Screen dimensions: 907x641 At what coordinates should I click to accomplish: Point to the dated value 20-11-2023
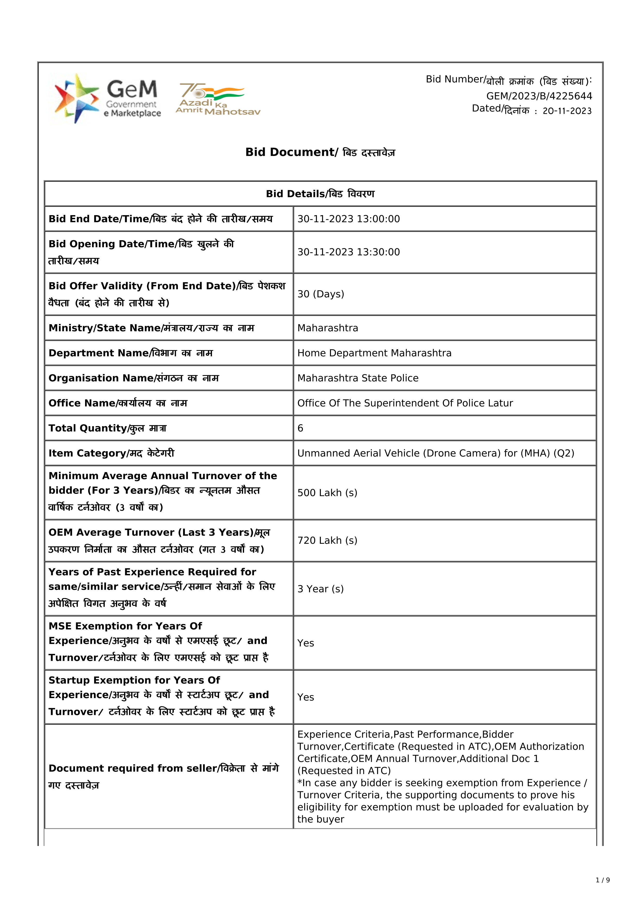(x=567, y=111)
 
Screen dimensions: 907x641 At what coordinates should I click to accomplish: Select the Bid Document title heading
(x=320, y=152)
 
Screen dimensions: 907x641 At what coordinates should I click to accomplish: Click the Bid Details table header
(x=320, y=194)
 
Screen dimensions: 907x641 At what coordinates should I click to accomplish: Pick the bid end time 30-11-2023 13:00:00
(x=348, y=219)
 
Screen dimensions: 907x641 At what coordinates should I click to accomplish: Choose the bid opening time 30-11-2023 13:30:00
(x=348, y=252)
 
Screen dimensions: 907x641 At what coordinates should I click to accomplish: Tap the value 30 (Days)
(x=321, y=294)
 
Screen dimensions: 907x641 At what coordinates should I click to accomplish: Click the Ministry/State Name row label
(x=151, y=328)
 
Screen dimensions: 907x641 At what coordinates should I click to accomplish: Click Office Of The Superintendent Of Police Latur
(x=405, y=403)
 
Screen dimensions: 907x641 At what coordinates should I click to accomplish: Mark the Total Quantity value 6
(x=300, y=428)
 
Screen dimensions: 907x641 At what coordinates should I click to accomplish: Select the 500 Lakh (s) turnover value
(x=327, y=493)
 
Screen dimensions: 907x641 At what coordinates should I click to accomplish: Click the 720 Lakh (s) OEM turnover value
(x=327, y=540)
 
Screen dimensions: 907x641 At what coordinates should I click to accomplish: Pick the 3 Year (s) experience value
(x=320, y=589)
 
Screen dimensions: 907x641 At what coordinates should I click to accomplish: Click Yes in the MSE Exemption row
(x=306, y=643)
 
